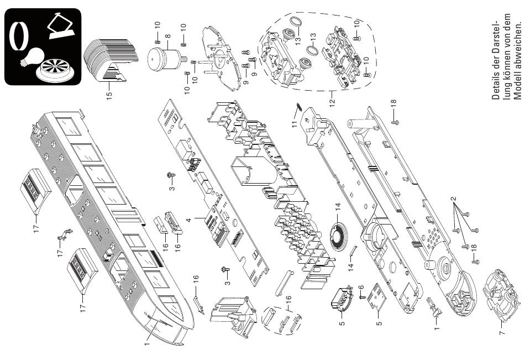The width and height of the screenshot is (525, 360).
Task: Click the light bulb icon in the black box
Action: point(33,56)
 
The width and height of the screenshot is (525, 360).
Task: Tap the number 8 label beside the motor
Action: point(168,36)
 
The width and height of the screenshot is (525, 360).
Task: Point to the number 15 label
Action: point(109,95)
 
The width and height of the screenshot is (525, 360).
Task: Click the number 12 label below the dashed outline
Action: point(332,102)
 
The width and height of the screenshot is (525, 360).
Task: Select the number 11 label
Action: point(295,124)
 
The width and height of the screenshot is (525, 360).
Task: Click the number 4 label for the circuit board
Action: point(188,220)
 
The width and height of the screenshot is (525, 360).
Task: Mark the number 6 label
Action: point(361,287)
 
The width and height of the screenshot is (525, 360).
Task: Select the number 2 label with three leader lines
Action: point(453,199)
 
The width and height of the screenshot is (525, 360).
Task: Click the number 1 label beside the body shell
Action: point(146,343)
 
